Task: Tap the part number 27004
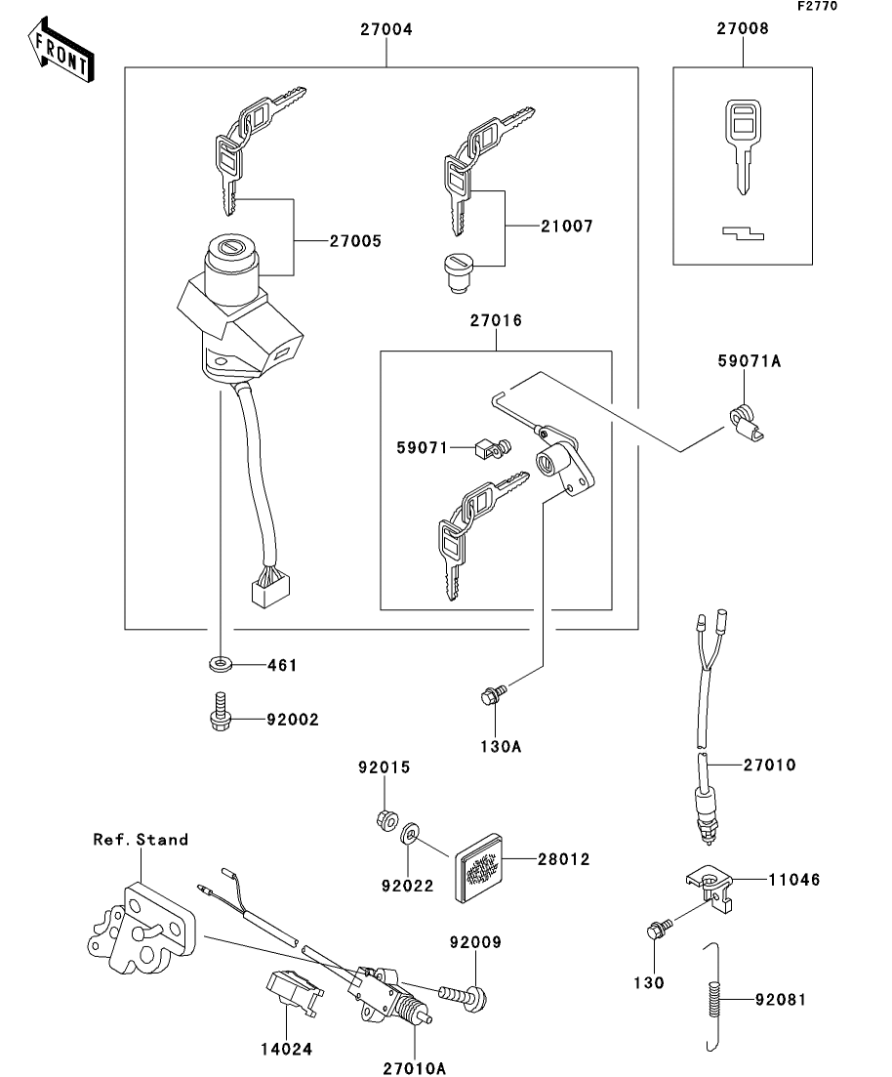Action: pos(387,30)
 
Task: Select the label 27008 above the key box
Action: pos(744,29)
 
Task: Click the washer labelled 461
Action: pos(221,666)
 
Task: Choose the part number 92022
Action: pos(408,889)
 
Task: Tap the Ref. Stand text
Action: pos(141,839)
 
